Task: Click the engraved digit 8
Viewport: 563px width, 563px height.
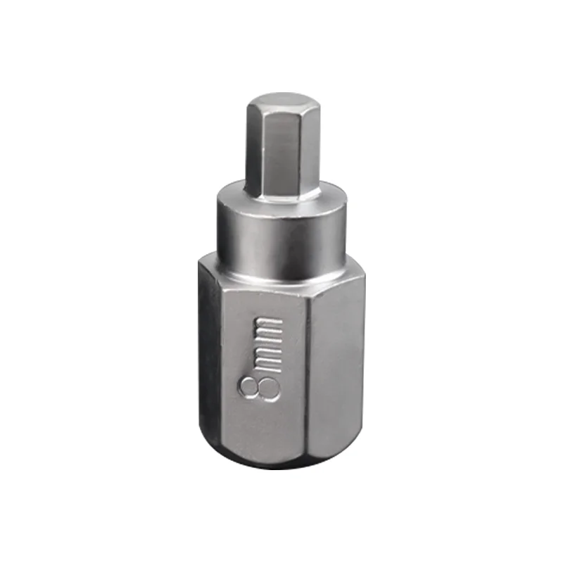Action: pyautogui.click(x=259, y=387)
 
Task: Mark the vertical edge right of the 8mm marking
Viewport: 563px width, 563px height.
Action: pyautogui.click(x=306, y=366)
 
